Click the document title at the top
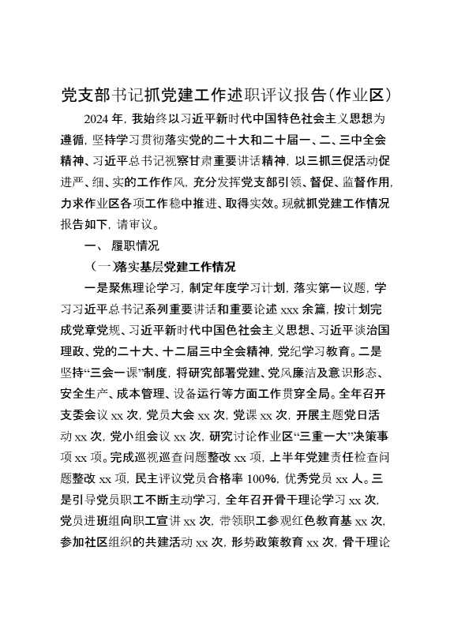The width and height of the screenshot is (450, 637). (x=225, y=95)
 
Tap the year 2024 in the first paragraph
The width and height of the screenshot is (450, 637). (x=96, y=120)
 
